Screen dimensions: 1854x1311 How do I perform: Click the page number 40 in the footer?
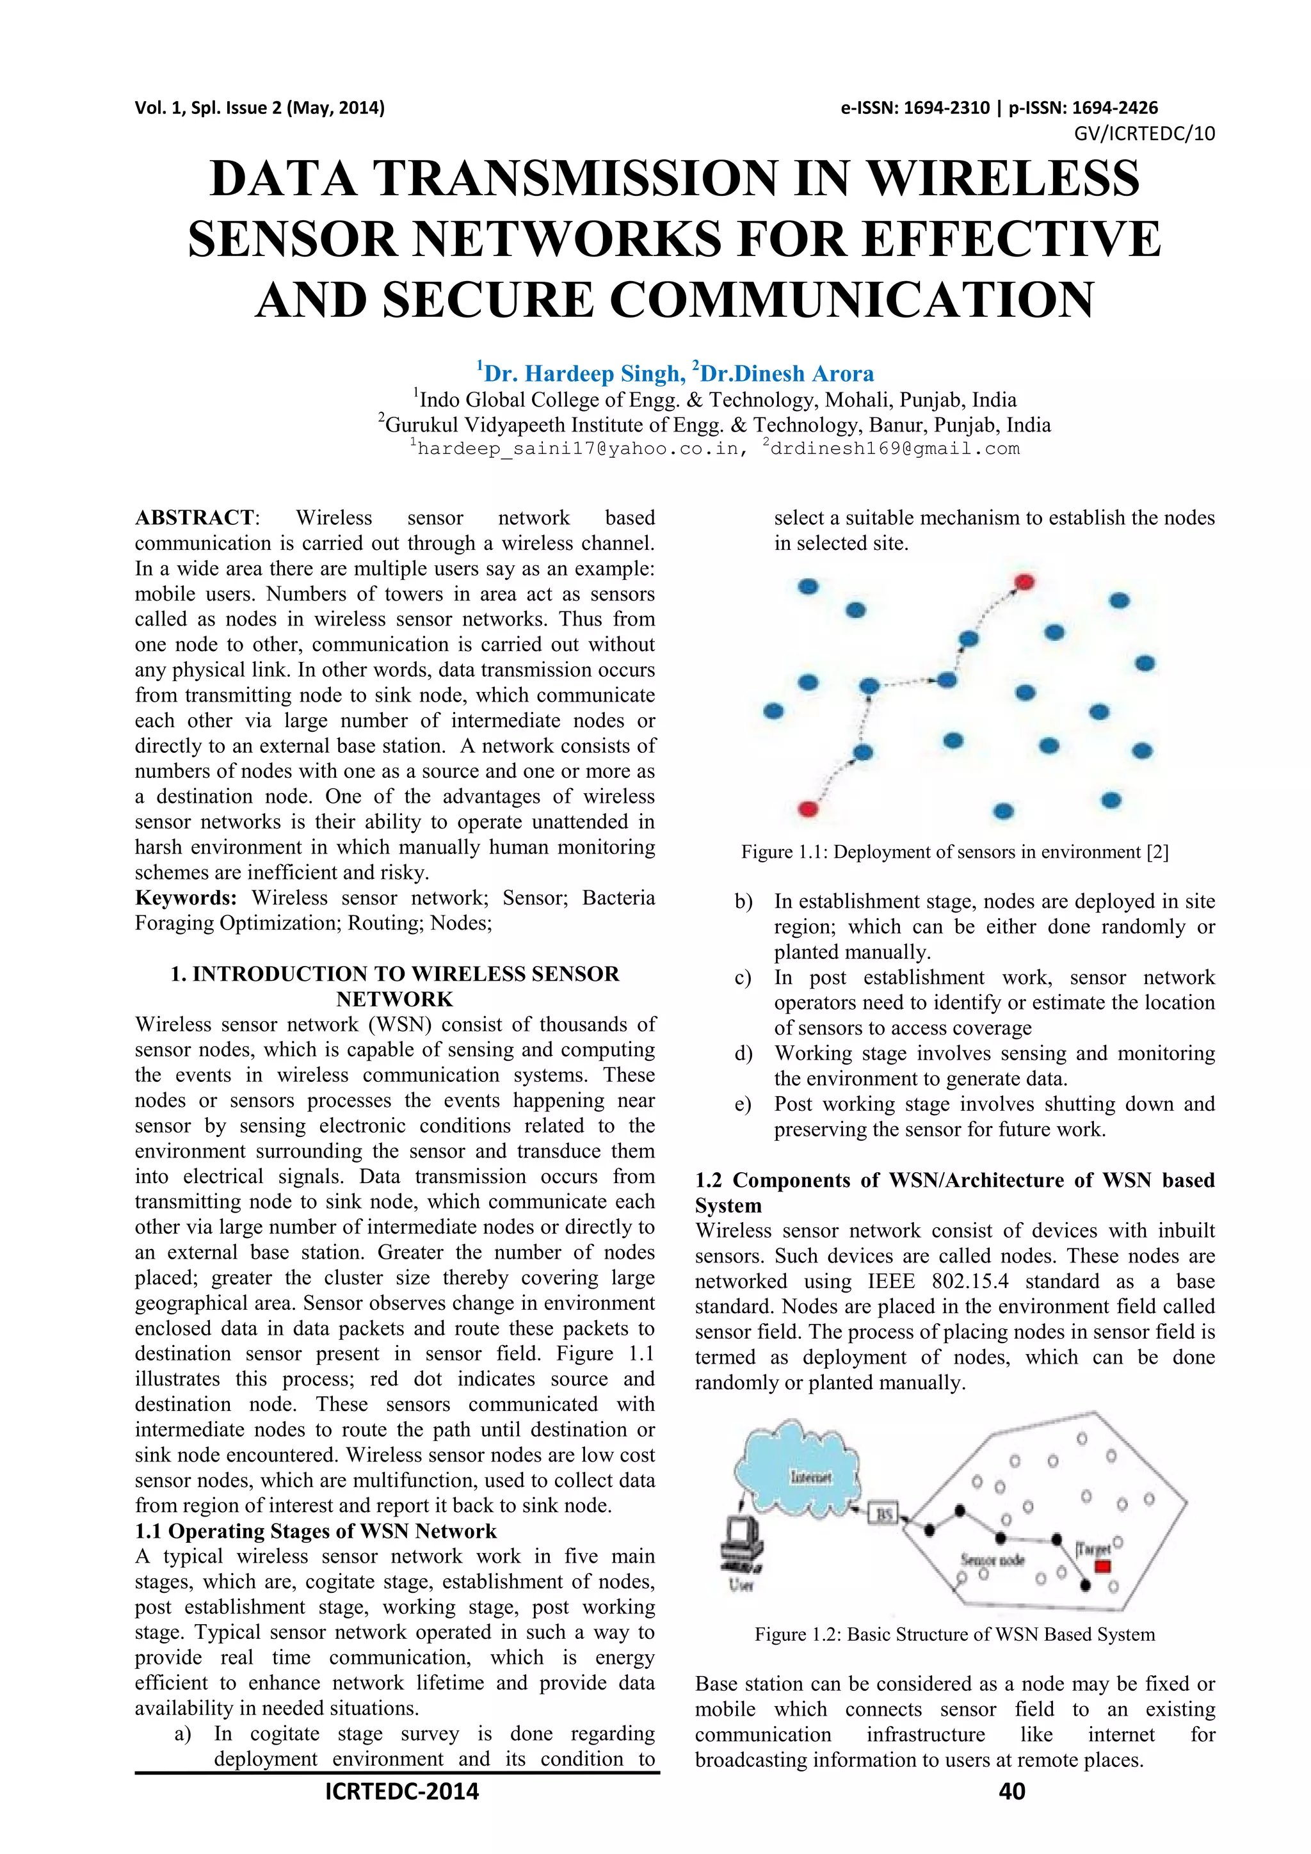click(x=1011, y=1791)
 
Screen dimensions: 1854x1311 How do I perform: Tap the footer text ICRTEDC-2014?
click(x=401, y=1791)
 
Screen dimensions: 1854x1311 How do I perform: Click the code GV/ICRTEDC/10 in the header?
click(x=1144, y=134)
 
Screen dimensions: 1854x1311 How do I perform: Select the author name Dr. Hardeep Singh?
click(x=579, y=374)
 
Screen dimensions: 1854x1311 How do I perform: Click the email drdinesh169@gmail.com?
click(x=894, y=449)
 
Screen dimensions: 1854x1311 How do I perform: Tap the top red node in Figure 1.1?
click(x=1024, y=582)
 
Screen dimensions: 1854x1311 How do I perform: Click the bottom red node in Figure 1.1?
click(x=808, y=809)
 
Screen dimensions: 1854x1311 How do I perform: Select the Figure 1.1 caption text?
click(x=954, y=852)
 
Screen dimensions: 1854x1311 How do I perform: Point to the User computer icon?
click(x=739, y=1549)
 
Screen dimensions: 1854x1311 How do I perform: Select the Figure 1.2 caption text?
click(x=954, y=1634)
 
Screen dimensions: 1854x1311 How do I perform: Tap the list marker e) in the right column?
click(x=743, y=1104)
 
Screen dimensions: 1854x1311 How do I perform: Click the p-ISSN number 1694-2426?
click(x=1120, y=108)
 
